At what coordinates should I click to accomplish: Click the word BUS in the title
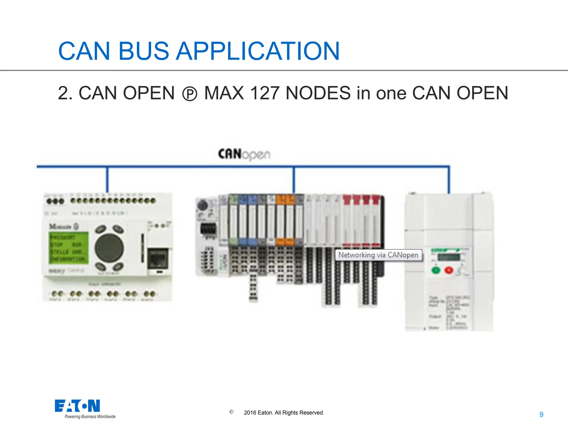click(143, 51)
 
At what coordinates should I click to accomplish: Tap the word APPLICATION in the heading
click(258, 51)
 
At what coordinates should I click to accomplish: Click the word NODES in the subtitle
click(318, 93)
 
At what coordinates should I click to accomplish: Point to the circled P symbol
click(190, 94)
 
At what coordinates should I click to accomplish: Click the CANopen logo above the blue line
click(244, 154)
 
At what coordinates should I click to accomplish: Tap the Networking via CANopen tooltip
click(378, 255)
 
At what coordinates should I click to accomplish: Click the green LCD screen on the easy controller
click(69, 248)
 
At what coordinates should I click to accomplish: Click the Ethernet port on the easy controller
click(158, 258)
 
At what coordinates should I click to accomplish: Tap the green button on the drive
click(436, 270)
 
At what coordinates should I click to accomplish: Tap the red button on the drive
click(448, 270)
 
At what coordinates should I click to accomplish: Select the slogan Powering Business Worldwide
click(90, 417)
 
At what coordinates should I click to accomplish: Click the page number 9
click(541, 415)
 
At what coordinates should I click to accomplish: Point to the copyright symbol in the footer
click(231, 412)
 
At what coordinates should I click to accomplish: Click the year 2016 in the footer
click(250, 413)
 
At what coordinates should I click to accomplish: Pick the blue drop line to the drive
click(449, 180)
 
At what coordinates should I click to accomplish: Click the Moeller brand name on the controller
click(60, 227)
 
